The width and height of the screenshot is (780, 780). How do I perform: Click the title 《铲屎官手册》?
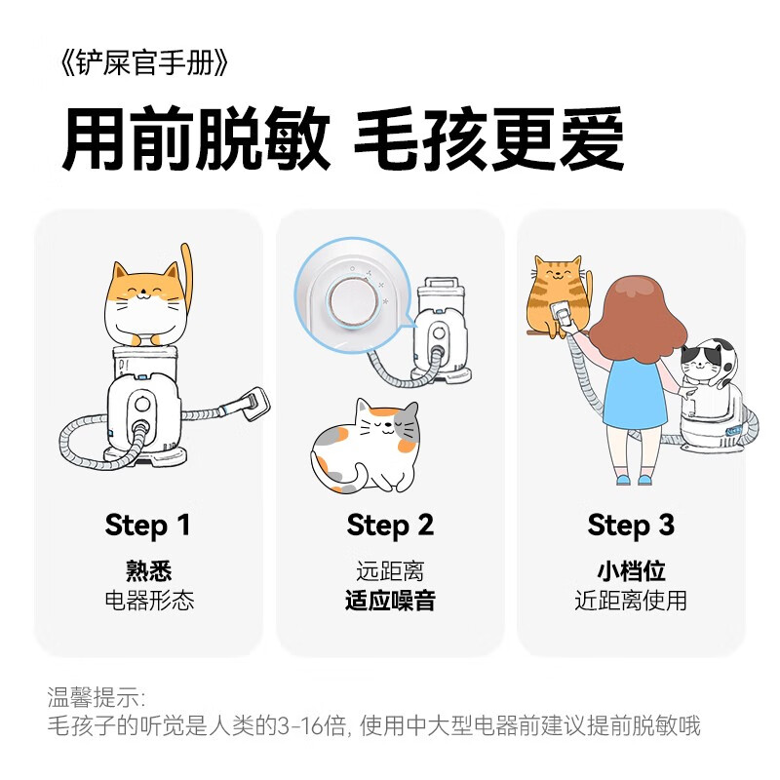point(144,63)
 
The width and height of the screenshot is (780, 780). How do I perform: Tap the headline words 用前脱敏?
point(196,142)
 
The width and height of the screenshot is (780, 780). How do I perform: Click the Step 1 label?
point(147,526)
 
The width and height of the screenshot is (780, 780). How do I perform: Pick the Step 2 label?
point(389,526)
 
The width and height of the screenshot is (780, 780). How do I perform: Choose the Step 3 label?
point(631,526)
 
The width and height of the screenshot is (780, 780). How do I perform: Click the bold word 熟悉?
point(148,570)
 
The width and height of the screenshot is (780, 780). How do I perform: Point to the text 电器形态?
point(148,600)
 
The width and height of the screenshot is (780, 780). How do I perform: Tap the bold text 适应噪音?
point(390,600)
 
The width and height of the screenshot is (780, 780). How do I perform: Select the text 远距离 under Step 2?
point(390,570)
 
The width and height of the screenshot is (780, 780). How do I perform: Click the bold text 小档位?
point(631,570)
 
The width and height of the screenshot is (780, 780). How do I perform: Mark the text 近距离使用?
point(631,600)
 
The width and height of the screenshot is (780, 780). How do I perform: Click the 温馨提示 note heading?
point(96,698)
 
